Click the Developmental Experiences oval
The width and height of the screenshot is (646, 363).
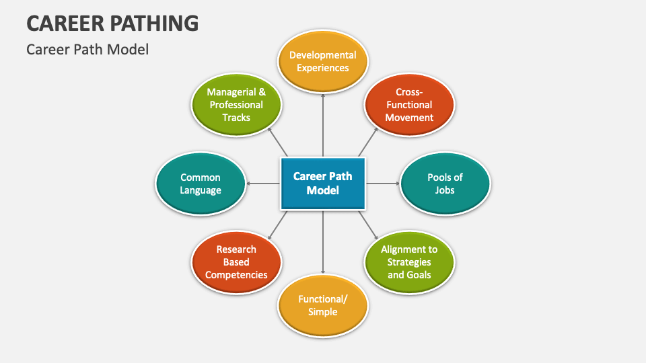click(323, 61)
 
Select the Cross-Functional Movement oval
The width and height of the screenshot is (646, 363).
click(409, 105)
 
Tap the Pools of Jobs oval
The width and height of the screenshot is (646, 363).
click(445, 184)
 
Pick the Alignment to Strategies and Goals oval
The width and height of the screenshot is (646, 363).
click(409, 262)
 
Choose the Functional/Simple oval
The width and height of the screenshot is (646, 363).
click(323, 305)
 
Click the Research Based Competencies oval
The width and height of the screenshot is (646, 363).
click(236, 262)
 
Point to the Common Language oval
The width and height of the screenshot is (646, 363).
click(201, 184)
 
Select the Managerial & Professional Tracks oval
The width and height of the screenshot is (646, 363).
click(236, 105)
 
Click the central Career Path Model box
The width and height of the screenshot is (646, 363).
click(323, 184)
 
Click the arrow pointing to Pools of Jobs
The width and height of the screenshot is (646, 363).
click(383, 184)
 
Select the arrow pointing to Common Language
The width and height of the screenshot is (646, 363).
click(262, 184)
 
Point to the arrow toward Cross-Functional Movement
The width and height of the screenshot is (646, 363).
click(367, 142)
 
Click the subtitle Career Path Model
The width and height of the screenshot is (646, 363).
click(87, 49)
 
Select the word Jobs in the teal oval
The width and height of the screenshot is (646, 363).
click(445, 190)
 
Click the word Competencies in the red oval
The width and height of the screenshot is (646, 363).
click(236, 275)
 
